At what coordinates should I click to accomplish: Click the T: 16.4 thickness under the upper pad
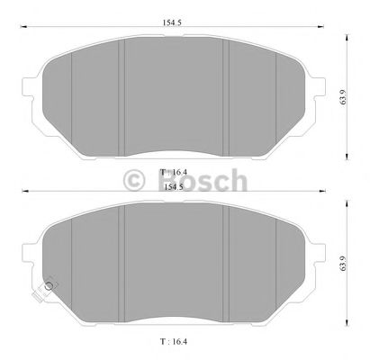(x=173, y=170)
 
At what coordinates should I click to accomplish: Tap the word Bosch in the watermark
(x=204, y=180)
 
